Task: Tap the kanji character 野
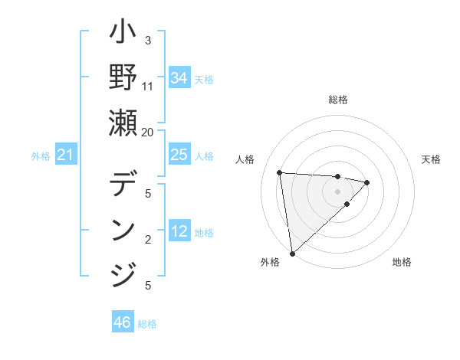coord(123,78)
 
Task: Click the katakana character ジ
coord(123,272)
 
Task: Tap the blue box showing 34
coord(179,78)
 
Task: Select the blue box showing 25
coord(179,155)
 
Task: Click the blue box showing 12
coord(179,232)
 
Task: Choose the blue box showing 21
coord(66,155)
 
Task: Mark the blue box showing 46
coord(123,322)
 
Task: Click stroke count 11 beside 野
coord(148,86)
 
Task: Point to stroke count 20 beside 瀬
coord(148,131)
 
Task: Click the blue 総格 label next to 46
coord(147,324)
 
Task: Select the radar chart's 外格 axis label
coord(270,263)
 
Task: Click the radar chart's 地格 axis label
coord(402,263)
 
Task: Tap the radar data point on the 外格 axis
coord(292,253)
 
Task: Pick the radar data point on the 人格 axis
coord(280,172)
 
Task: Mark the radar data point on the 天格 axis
coord(367,182)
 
